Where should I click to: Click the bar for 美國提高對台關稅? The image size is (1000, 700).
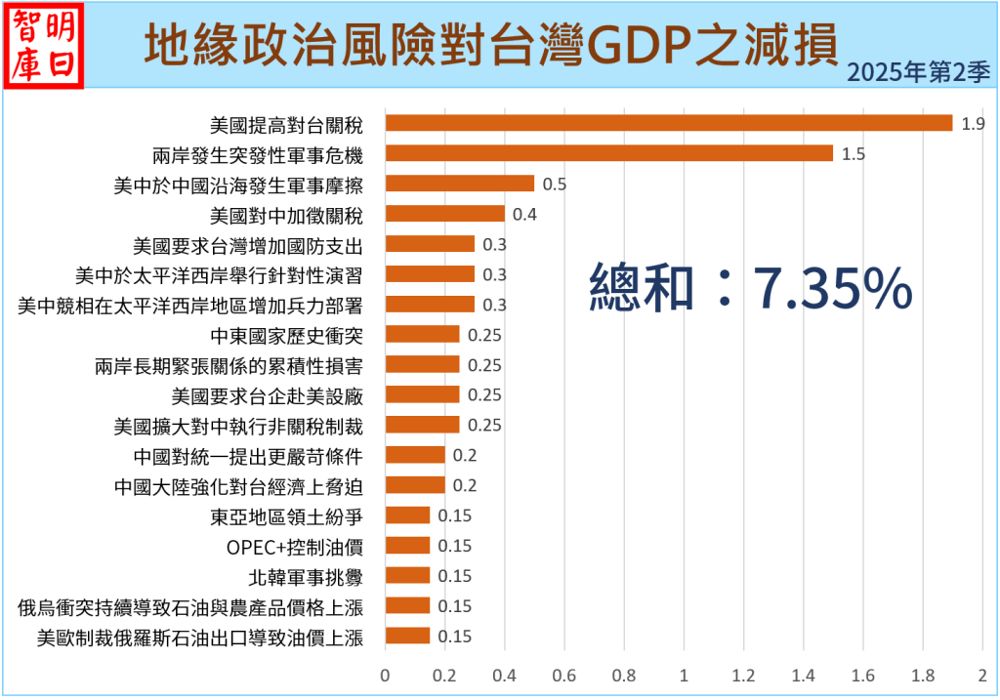(669, 123)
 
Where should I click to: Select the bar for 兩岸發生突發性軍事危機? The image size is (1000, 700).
(609, 153)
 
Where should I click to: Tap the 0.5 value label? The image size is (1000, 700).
(555, 184)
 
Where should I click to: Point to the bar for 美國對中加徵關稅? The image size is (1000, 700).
(445, 214)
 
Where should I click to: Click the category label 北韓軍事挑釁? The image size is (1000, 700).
(307, 576)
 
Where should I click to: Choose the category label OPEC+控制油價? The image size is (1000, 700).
(295, 546)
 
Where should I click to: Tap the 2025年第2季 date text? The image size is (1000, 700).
(918, 73)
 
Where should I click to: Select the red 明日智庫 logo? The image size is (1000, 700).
(45, 45)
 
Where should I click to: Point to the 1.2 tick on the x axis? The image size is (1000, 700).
(744, 675)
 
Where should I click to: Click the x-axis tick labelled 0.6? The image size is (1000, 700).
(564, 675)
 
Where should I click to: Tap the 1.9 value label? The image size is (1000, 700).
(973, 124)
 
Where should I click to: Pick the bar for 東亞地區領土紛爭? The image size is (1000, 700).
(408, 515)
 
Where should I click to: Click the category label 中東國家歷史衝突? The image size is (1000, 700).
(287, 335)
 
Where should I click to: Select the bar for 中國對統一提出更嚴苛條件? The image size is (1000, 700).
(415, 455)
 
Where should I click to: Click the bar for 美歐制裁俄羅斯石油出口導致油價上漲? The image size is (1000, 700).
(408, 637)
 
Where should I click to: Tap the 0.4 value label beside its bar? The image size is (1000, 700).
(525, 214)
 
